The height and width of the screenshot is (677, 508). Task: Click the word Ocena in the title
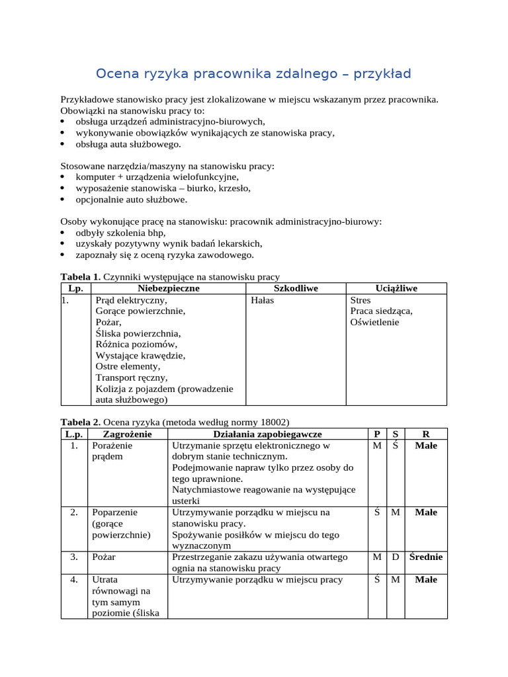(x=117, y=73)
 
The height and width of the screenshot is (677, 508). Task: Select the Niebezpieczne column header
(x=169, y=288)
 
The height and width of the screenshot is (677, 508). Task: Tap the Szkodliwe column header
(x=296, y=288)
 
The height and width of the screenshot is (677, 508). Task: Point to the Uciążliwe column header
(x=396, y=288)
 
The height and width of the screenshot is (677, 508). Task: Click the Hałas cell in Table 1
(x=263, y=300)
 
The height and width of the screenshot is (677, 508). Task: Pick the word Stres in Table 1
(x=361, y=300)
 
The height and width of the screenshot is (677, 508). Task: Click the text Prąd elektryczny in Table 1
(x=131, y=300)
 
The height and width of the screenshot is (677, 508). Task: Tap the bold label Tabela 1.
(x=80, y=277)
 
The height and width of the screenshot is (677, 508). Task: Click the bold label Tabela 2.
(x=80, y=422)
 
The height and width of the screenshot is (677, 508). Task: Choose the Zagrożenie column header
(x=127, y=434)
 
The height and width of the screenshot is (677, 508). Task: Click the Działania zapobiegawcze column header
(x=267, y=434)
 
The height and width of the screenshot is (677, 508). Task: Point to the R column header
(x=425, y=434)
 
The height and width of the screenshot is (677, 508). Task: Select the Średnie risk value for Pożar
(x=425, y=557)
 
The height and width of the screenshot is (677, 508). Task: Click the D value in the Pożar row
(x=395, y=557)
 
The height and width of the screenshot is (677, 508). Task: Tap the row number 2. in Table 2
(x=74, y=512)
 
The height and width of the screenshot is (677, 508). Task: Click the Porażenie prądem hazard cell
(x=112, y=451)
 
